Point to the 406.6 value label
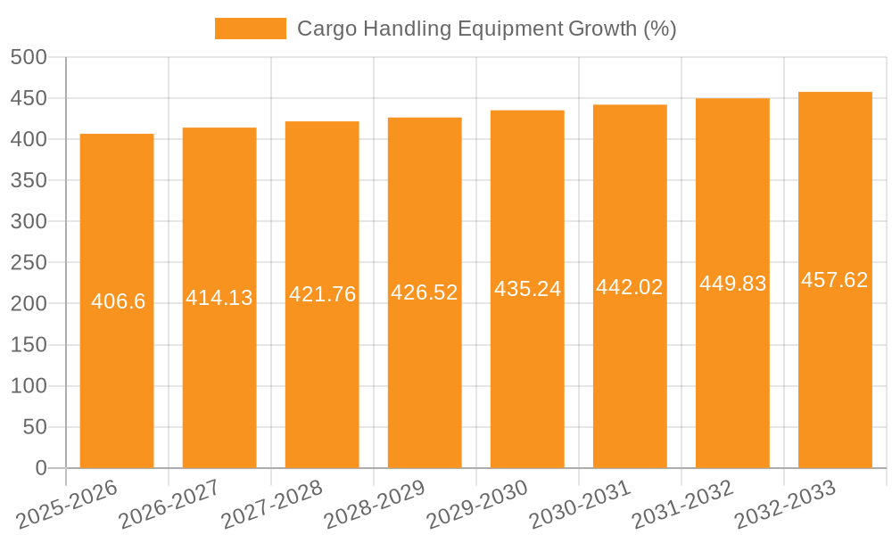(x=118, y=301)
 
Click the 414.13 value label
(x=219, y=298)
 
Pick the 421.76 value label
(x=322, y=294)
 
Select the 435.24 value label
(x=527, y=289)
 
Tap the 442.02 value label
(x=630, y=287)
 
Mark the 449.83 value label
(x=732, y=284)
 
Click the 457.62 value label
(x=835, y=280)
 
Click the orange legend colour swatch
(x=251, y=29)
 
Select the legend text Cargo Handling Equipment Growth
(x=486, y=29)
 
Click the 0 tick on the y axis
(x=40, y=468)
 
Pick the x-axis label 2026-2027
(x=169, y=505)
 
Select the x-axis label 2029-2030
(x=477, y=505)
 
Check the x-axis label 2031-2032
(x=682, y=505)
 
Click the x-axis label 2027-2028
(x=272, y=505)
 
